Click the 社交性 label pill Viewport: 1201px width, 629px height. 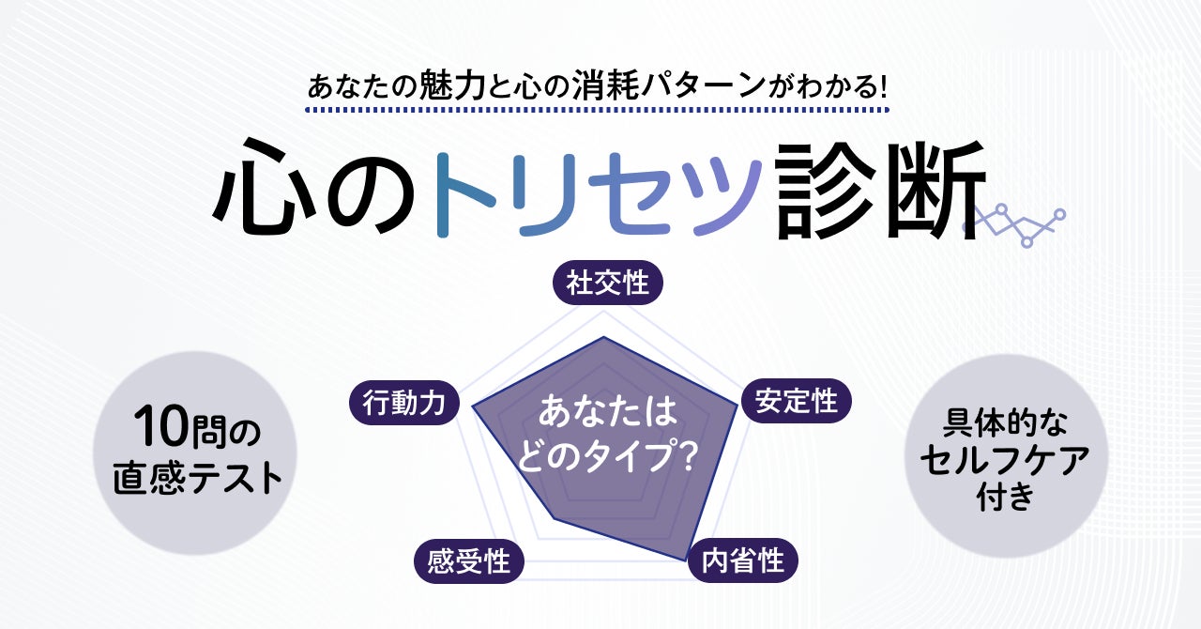(607, 283)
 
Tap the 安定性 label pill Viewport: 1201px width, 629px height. (797, 402)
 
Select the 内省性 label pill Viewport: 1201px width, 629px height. (743, 561)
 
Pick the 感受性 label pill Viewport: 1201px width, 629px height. (468, 561)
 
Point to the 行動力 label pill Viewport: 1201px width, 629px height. (404, 403)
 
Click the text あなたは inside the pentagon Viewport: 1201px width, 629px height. (607, 413)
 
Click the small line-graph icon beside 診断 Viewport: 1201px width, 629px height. (1015, 223)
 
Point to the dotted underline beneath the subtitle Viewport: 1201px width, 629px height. (598, 111)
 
